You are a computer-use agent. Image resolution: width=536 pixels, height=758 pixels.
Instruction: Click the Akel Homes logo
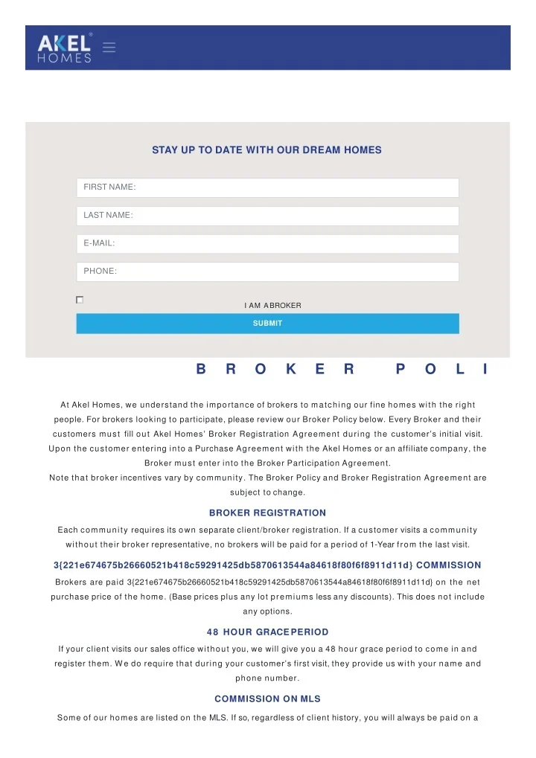[65, 48]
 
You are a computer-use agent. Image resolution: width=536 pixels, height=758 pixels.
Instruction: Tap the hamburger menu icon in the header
[109, 48]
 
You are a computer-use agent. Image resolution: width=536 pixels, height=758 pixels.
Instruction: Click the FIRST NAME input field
[267, 187]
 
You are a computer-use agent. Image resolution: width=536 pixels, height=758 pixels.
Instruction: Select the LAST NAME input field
[267, 216]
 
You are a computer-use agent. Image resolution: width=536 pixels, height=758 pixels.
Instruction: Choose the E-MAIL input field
[267, 243]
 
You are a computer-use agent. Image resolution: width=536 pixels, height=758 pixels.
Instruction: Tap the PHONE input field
[267, 272]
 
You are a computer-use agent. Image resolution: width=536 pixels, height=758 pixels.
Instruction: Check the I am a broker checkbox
[80, 300]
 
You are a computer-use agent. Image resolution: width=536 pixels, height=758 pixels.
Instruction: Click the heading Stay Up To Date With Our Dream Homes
[267, 150]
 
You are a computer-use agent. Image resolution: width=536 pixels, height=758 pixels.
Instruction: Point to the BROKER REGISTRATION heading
[267, 513]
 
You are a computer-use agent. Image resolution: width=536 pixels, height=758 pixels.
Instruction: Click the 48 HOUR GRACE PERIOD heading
[267, 632]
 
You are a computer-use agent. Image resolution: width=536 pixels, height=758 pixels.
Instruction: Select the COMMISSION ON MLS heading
[267, 699]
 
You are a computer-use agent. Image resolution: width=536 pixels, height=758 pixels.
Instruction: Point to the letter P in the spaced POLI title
[401, 369]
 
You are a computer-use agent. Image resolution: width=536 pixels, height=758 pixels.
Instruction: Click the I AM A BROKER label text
[272, 306]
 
